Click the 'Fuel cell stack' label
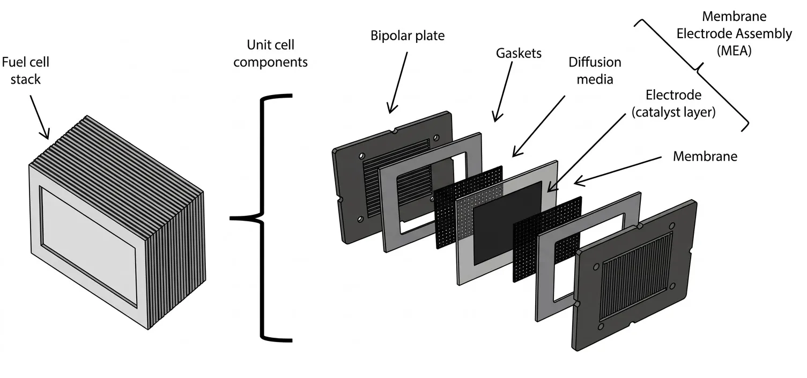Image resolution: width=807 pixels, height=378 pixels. (25, 70)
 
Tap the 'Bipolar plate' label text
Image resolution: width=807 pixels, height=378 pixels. (408, 36)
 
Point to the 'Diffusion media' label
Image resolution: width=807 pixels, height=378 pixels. (595, 70)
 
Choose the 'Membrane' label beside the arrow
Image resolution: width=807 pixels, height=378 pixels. (705, 156)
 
